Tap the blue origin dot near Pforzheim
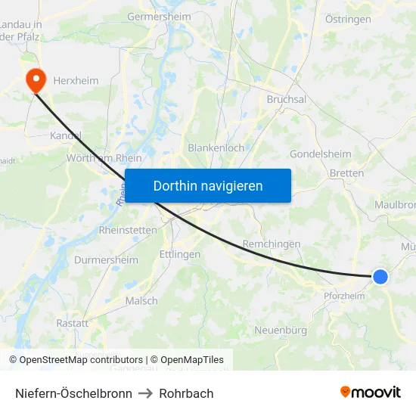pos(380,278)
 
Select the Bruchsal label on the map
pos(287,99)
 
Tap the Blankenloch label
pos(216,148)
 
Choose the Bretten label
pos(346,173)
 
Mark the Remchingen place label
pos(272,244)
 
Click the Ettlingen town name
pos(180,254)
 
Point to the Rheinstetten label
pos(127,230)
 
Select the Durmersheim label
pos(106,260)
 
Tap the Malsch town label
pos(141,300)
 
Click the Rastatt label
pos(72,323)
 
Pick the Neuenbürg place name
pos(281,330)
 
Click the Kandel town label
pos(65,135)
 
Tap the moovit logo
pos(371,392)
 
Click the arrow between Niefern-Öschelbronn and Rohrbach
pos(145,393)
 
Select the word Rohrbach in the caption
pos(186,393)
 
